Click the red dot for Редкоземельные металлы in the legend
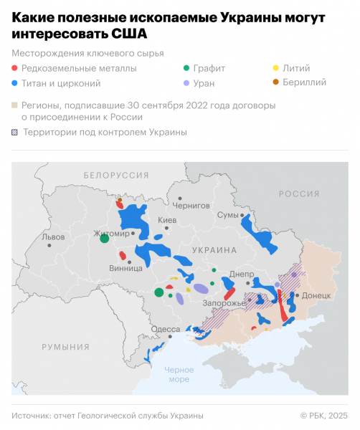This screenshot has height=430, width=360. pos(16,69)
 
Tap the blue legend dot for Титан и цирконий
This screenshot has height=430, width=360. pos(16,82)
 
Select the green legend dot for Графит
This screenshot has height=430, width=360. pos(187,69)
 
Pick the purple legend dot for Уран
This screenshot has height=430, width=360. pos(187,82)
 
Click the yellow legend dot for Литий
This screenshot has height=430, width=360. pos(277,69)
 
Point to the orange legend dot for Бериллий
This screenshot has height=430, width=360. pos(277,82)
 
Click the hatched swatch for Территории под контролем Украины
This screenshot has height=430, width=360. pos(16,132)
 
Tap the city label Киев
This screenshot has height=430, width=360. pos(166,219)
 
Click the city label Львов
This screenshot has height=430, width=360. pos(54,236)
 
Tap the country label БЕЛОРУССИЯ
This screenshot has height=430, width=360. pos(116,175)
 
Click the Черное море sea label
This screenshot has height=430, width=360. pos(179,374)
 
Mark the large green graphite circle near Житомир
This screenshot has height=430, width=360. pos(104,239)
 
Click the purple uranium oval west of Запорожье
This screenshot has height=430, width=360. pos(201,289)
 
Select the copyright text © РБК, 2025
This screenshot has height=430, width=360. pos(323,416)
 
